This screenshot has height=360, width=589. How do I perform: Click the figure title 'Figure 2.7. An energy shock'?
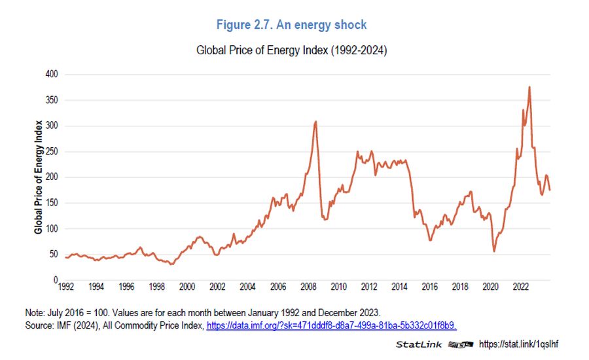click(291, 25)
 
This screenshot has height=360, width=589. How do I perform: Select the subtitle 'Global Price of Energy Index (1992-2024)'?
click(291, 50)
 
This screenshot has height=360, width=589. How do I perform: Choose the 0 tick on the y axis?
click(55, 280)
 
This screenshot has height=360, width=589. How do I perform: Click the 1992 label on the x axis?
click(65, 287)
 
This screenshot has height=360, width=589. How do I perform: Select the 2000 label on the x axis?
click(187, 287)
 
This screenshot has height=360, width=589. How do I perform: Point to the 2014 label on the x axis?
click(399, 287)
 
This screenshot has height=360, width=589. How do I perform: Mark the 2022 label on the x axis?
click(520, 287)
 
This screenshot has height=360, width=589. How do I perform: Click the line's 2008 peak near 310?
click(316, 122)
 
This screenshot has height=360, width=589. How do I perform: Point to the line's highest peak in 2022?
click(529, 87)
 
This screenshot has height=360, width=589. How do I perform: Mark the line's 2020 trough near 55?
click(494, 251)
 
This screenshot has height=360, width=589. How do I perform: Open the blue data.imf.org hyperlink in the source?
click(331, 325)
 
